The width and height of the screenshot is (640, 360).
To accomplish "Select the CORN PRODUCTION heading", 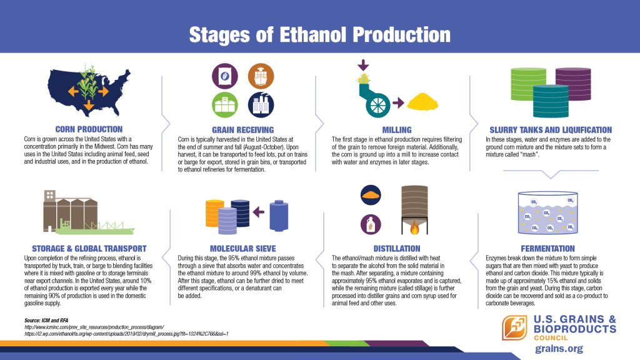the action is pyautogui.click(x=89, y=129).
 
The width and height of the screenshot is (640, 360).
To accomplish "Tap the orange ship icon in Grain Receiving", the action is pyautogui.click(x=261, y=76).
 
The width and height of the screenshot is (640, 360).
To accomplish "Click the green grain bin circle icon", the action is pyautogui.click(x=225, y=105).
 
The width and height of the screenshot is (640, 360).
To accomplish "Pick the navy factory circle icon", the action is pyautogui.click(x=261, y=105).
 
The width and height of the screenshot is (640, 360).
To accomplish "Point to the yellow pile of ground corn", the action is pyautogui.click(x=422, y=102).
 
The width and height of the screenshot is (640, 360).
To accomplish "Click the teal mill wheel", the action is pyautogui.click(x=378, y=105).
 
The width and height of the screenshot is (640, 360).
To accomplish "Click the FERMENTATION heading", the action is pyautogui.click(x=547, y=248).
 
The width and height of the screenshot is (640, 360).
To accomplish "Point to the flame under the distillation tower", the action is pyautogui.click(x=414, y=227).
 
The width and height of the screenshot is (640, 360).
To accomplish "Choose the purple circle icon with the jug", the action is pyautogui.click(x=371, y=224).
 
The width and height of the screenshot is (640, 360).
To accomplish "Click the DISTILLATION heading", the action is pyautogui.click(x=397, y=248).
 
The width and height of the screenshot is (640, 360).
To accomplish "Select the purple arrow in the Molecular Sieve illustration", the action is pyautogui.click(x=258, y=212).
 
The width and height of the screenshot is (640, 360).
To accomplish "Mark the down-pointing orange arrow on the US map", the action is pyautogui.click(x=89, y=105).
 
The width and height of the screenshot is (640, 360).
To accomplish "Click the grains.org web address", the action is pyautogui.click(x=559, y=349).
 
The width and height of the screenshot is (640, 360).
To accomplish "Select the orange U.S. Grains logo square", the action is pyautogui.click(x=515, y=327).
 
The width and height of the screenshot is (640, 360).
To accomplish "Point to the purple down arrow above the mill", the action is pyautogui.click(x=363, y=65).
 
